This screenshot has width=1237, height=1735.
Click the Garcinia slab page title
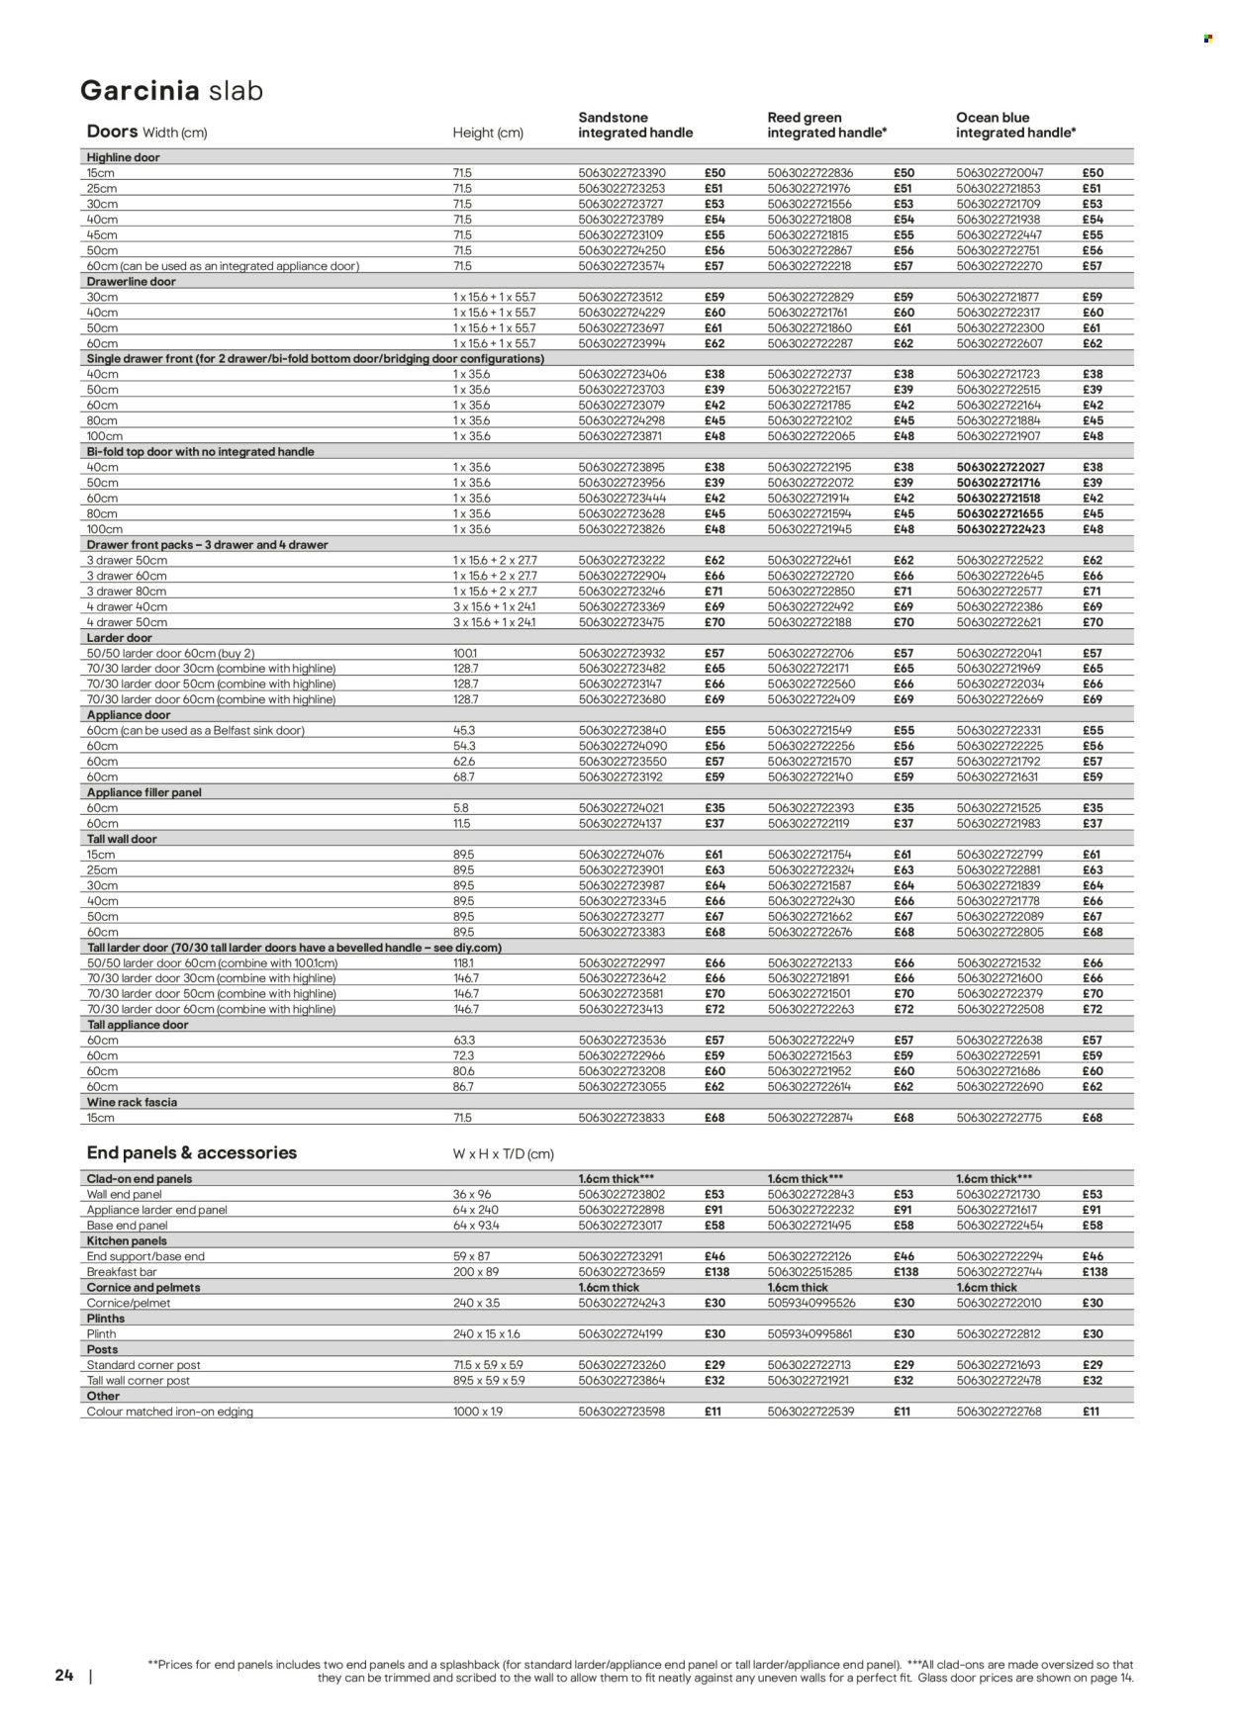pos(171,91)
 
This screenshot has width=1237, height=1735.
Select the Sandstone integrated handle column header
pos(635,125)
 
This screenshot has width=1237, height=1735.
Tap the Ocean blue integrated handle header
pos(1015,125)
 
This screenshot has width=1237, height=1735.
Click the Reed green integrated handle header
pos(826,125)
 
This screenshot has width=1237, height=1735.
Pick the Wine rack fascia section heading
pos(132,1102)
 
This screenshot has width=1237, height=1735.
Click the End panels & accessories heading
pos(192,1152)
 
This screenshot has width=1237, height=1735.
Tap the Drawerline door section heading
pos(131,282)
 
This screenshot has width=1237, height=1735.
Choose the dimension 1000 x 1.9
pos(478,1412)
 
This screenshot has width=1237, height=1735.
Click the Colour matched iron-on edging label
pos(170,1412)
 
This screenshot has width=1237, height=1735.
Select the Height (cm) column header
pos(488,133)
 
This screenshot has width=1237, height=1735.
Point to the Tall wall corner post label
pos(139,1380)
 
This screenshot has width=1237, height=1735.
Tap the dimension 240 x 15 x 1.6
pos(486,1333)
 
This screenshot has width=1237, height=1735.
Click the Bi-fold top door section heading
pos(201,452)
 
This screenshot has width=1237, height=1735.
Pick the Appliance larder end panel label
pos(157,1210)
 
